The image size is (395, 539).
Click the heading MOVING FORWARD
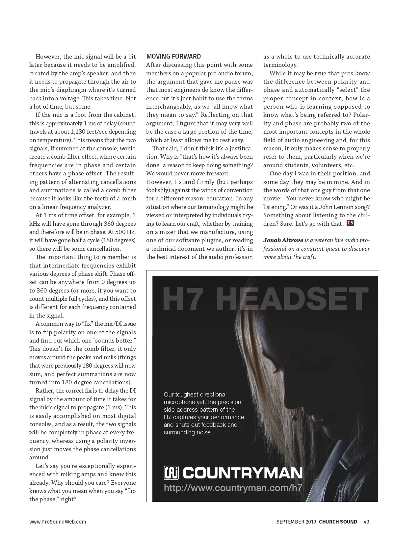(x=173, y=56)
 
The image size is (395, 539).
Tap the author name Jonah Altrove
(x=283, y=240)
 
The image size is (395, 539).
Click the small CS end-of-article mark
(x=350, y=223)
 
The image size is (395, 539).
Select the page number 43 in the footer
(x=366, y=522)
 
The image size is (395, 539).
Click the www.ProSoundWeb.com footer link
(x=58, y=522)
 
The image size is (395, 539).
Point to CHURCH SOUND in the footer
(x=338, y=522)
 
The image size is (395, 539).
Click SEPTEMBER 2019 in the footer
(x=296, y=522)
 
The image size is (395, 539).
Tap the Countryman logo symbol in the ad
(x=171, y=473)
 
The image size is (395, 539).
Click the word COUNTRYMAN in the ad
(x=243, y=473)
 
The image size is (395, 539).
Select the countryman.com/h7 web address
(x=233, y=488)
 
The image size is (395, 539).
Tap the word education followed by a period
(x=220, y=198)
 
